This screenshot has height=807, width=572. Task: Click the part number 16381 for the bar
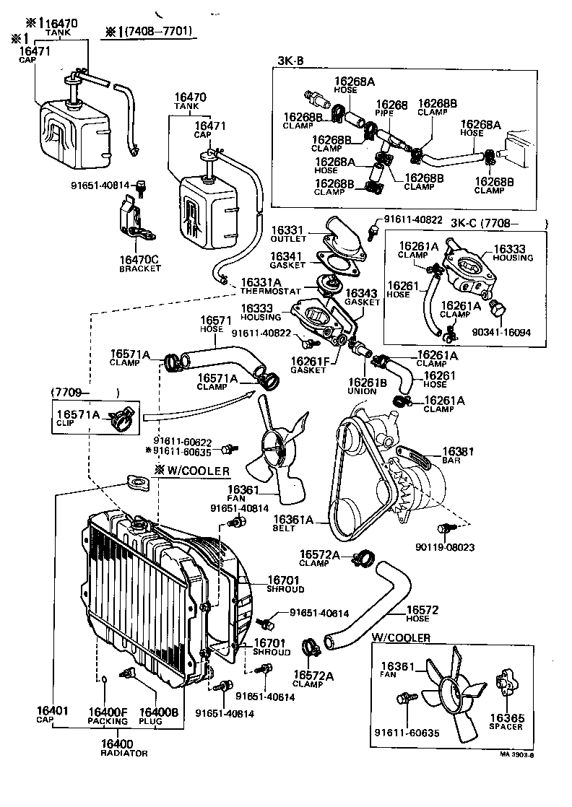(x=458, y=452)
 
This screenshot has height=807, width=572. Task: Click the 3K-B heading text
(x=290, y=61)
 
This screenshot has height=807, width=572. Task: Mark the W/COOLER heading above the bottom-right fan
(x=401, y=637)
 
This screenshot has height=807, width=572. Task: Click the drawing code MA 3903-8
(x=516, y=756)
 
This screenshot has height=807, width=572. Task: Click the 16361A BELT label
(x=293, y=523)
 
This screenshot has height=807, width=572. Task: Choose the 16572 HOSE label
(x=422, y=614)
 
